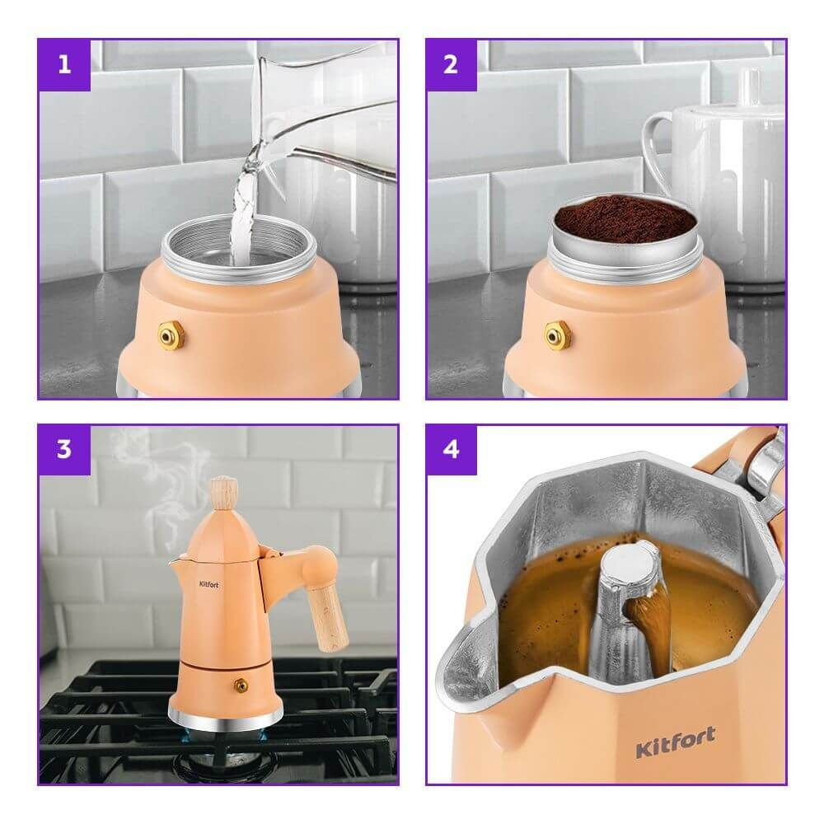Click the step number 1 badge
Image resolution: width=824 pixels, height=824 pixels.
click(x=64, y=65)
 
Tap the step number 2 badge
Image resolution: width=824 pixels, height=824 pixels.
click(x=452, y=65)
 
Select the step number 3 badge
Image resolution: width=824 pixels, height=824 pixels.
click(x=64, y=450)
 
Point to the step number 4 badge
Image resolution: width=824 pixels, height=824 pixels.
click(x=452, y=450)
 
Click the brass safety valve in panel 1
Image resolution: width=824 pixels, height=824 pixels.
click(x=172, y=335)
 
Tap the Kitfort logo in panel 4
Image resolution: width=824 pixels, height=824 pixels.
click(x=676, y=742)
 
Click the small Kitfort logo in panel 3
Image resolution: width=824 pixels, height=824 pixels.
click(x=208, y=584)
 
